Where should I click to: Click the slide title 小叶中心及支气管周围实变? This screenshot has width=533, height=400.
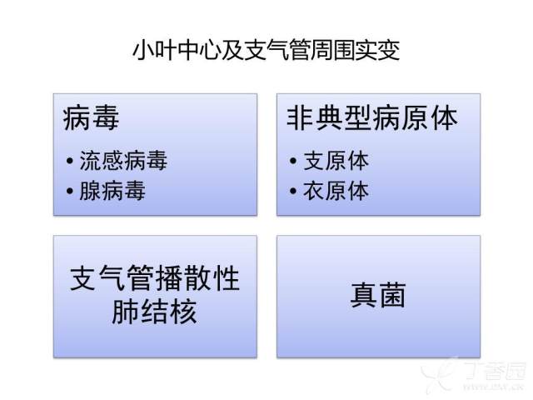tap(266, 51)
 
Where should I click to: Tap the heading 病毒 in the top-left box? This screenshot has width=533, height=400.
tap(91, 117)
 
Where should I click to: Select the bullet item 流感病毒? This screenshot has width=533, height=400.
tap(123, 160)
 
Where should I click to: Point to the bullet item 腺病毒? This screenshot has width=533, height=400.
tap(112, 191)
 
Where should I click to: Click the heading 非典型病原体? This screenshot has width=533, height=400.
tap(372, 117)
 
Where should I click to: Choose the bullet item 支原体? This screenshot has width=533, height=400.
tap(336, 160)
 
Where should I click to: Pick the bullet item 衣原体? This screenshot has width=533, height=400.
tap(336, 191)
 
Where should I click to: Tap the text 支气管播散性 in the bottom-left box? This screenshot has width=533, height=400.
tap(155, 278)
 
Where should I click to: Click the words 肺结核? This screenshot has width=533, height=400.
tap(154, 311)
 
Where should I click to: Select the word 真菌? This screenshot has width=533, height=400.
tap(378, 295)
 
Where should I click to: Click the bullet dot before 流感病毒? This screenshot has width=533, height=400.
tap(70, 161)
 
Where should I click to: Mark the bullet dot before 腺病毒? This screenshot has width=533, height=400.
tap(70, 191)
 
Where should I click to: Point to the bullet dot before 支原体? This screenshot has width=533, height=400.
tap(293, 161)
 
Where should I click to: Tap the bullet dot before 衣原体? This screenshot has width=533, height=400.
tap(293, 191)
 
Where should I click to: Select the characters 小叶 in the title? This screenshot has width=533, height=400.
tap(154, 51)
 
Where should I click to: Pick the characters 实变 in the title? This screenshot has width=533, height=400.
tap(378, 51)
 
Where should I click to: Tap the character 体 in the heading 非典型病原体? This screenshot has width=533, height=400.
tap(444, 117)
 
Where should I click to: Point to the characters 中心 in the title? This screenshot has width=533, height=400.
tap(199, 51)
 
